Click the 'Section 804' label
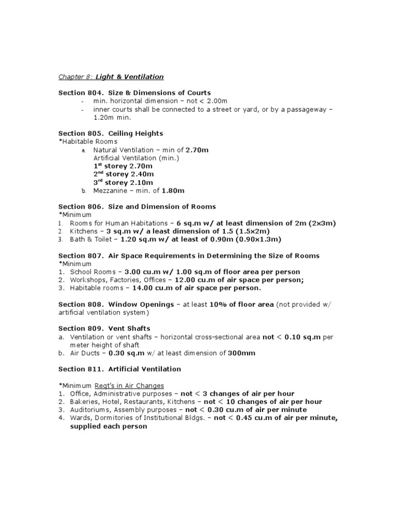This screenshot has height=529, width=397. point(78,93)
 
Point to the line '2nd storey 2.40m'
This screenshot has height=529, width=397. point(123,175)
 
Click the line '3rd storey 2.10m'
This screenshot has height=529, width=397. point(123,183)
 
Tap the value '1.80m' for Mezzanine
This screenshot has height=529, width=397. point(173,191)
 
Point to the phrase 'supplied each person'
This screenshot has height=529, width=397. point(109,427)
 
